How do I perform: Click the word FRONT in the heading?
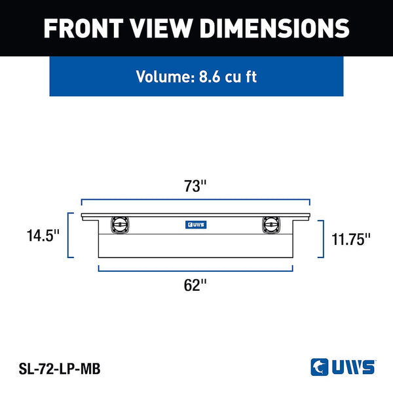(x=83, y=28)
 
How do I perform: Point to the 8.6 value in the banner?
(x=210, y=77)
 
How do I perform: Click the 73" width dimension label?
(x=195, y=186)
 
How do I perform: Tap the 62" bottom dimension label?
(x=195, y=285)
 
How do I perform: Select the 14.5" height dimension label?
(x=43, y=236)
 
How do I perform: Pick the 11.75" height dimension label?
(x=350, y=239)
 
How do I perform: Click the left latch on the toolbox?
(x=120, y=225)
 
